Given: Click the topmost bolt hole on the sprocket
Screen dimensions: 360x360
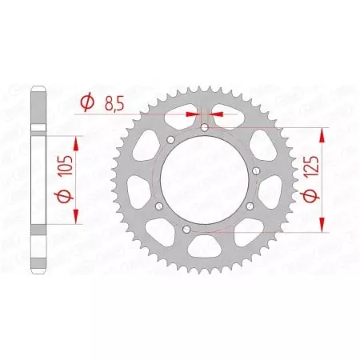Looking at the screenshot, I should [204, 127].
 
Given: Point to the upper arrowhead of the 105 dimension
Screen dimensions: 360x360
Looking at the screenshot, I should [77, 142].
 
